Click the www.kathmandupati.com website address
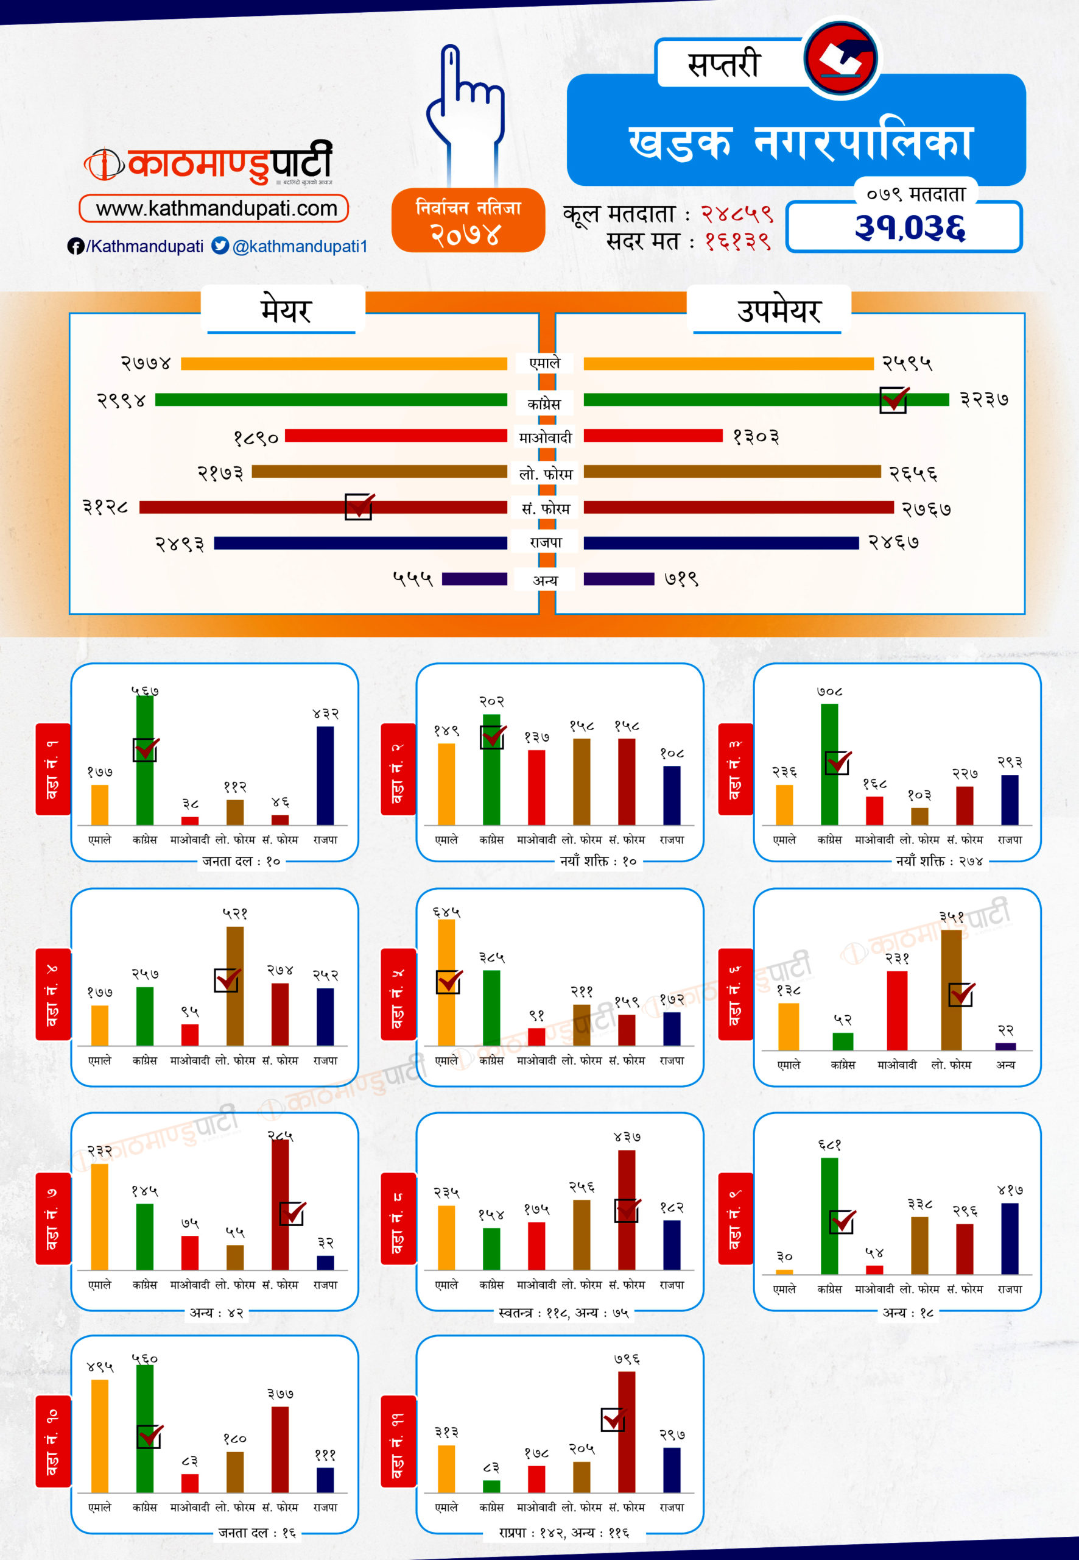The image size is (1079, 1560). [x=215, y=208]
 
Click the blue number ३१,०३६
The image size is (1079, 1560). [x=909, y=227]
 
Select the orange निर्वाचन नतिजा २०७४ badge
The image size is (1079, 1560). [x=468, y=221]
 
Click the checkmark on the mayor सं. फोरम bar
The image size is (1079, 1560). [x=359, y=506]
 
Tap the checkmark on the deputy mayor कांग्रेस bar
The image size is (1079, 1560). [x=893, y=399]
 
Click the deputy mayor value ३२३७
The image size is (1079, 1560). [x=983, y=400]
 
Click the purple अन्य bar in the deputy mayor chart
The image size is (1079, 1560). [x=619, y=579]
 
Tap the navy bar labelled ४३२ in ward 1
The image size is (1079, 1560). [x=325, y=775]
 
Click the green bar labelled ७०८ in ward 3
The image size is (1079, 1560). [x=829, y=764]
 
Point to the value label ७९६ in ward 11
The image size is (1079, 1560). [x=627, y=1360]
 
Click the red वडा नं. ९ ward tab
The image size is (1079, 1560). [x=736, y=1218]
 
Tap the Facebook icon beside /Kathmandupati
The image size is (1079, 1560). [x=75, y=246]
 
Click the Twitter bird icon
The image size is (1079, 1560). [x=220, y=246]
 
